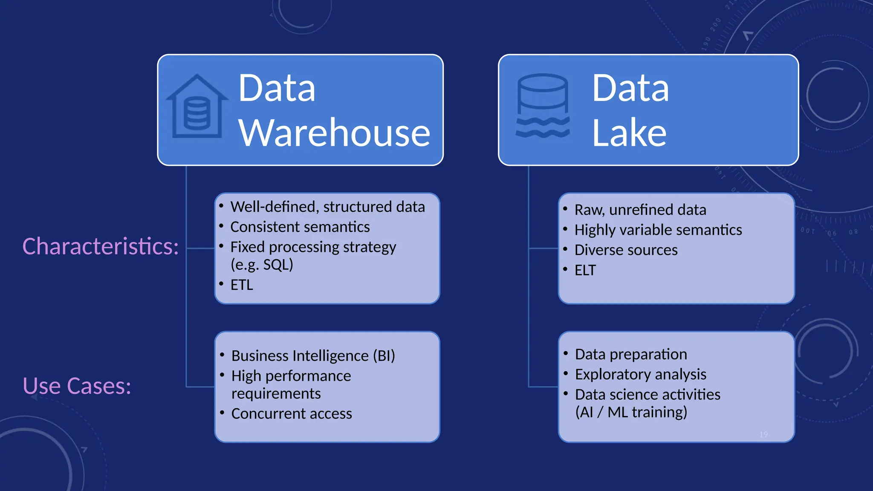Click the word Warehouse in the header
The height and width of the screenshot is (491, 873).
[334, 133]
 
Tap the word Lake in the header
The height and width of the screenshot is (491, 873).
[629, 133]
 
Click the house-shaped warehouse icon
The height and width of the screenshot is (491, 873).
[197, 107]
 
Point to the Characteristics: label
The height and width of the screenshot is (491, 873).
[101, 246]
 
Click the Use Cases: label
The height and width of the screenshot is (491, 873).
[77, 386]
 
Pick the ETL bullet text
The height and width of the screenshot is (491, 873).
[242, 285]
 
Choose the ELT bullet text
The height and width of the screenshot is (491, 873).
[585, 270]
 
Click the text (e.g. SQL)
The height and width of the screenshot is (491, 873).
[262, 265]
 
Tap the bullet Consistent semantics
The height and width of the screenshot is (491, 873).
[300, 227]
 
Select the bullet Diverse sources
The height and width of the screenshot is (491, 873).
[626, 250]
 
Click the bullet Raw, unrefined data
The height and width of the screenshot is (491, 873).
[640, 210]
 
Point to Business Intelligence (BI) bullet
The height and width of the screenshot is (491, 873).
[313, 355]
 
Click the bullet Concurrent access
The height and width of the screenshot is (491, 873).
[292, 413]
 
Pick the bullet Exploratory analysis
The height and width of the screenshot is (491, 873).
[640, 374]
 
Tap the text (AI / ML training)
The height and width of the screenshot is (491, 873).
[631, 412]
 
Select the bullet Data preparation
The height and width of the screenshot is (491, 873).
[631, 354]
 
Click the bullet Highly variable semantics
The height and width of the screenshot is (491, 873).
[658, 230]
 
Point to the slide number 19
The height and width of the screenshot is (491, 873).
[763, 434]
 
